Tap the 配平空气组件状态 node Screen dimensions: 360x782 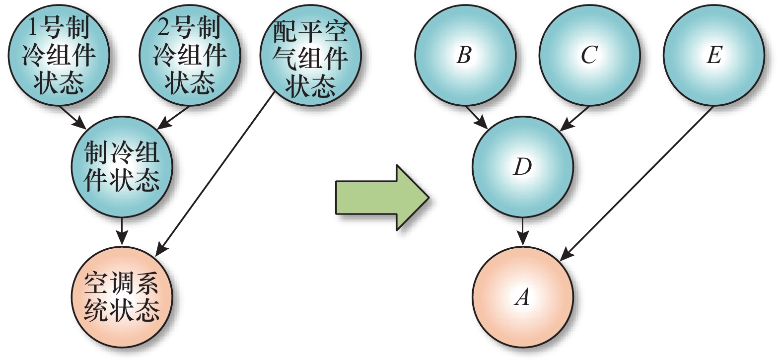[310, 56]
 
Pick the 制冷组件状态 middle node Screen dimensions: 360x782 [122, 166]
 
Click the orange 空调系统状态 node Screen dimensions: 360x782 [122, 297]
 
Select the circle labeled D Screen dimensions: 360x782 [522, 166]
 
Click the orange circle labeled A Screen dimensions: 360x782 [522, 297]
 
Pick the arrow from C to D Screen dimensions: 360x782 [575, 118]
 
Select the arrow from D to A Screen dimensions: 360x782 [522, 230]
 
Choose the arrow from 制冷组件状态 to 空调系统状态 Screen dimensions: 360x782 [122, 230]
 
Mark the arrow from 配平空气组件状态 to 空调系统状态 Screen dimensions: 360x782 [215, 174]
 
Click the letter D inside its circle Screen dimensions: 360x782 [522, 167]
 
